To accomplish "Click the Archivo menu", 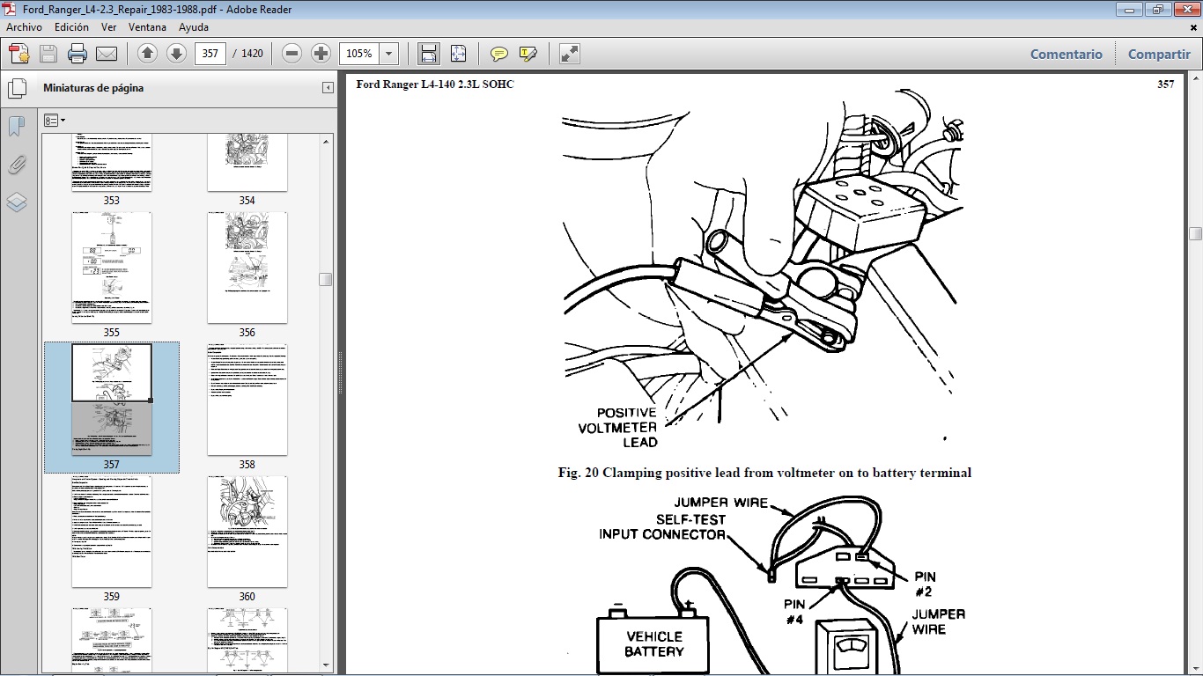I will pos(24,27).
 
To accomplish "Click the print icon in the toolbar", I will pos(77,54).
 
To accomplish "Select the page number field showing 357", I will pos(210,54).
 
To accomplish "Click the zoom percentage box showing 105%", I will pos(359,54).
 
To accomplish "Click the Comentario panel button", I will pos(1066,55).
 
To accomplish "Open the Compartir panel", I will pos(1158,55).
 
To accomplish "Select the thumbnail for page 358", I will pos(247,400).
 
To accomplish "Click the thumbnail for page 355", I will pos(111,268).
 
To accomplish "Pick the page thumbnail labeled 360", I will pos(247,532).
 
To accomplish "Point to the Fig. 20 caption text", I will pos(764,473).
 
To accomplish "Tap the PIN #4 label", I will pos(795,613).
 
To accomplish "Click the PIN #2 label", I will pos(924,584).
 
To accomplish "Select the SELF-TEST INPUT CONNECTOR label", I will pos(662,526).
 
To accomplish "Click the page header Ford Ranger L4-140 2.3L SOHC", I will pos(434,84).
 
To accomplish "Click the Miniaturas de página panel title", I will pos(93,88).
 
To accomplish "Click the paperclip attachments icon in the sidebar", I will pos(17,165).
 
